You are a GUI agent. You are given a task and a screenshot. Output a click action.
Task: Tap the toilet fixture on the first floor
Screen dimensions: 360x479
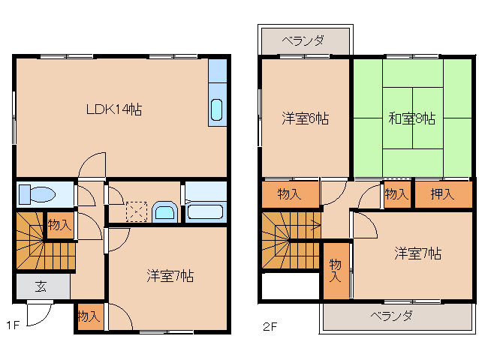pos(37,194)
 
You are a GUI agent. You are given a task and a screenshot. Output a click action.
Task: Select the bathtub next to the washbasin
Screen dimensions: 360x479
pos(205,211)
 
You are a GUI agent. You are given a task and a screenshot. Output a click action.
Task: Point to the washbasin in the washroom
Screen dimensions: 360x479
pos(164,211)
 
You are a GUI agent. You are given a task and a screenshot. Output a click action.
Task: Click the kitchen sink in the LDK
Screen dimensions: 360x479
pos(216,109)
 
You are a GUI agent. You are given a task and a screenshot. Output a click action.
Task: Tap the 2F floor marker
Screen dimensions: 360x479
pos(270,325)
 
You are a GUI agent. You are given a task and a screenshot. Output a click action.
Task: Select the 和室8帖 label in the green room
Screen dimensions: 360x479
pos(412,118)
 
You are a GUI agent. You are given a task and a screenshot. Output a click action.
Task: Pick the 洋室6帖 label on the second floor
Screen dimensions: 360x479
pos(306,118)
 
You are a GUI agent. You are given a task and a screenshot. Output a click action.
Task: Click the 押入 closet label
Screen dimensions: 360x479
pos(442,195)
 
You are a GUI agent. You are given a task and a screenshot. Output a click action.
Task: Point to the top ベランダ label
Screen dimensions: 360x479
pos(304,40)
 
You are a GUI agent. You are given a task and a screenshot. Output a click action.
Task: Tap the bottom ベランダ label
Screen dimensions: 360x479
pos(391,316)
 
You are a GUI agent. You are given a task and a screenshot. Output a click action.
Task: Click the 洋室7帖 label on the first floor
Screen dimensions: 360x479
pos(170,276)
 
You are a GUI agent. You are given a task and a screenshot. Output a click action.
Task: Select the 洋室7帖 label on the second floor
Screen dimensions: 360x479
pos(417,253)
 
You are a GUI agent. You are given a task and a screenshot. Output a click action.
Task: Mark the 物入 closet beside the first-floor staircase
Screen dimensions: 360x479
pos(59,224)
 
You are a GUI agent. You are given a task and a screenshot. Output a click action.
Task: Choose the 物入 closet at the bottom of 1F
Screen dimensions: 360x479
pos(89,316)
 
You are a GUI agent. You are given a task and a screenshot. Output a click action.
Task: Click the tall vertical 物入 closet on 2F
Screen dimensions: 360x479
pos(335,270)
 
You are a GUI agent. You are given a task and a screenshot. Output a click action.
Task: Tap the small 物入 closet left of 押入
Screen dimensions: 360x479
pos(396,195)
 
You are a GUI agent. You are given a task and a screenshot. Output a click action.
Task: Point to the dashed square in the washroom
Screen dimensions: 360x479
pos(137,210)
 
